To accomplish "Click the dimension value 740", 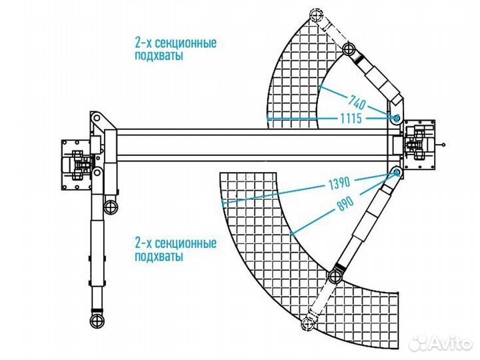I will pyautogui.click(x=359, y=102).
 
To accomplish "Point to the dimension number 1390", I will pyautogui.click(x=339, y=181).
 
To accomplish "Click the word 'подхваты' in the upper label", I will pyautogui.click(x=158, y=57).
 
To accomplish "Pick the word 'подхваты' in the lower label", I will pyautogui.click(x=158, y=256).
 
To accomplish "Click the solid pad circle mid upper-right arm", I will pyautogui.click(x=348, y=49).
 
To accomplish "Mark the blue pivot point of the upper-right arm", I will pyautogui.click(x=397, y=119).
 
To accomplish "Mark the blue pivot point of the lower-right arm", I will pyautogui.click(x=398, y=173).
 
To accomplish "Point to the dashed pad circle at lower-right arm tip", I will pyautogui.click(x=307, y=325).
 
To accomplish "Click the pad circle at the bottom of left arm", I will pyautogui.click(x=98, y=321).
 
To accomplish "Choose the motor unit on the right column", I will pyautogui.click(x=418, y=144).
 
